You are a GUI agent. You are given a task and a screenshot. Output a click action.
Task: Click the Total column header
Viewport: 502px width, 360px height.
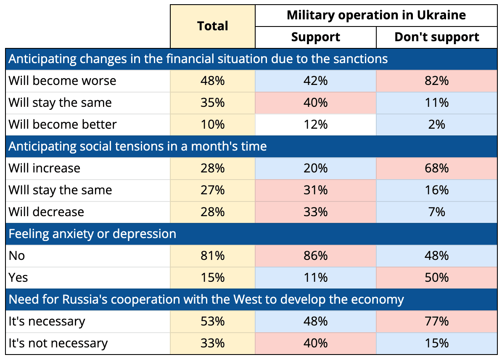pyautogui.click(x=213, y=26)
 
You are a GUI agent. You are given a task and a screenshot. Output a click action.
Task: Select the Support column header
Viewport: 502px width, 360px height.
pyautogui.click(x=316, y=37)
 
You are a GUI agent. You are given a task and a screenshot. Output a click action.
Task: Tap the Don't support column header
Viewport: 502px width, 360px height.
pyautogui.click(x=437, y=37)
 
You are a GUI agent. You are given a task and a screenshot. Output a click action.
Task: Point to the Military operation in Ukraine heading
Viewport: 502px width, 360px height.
pyautogui.click(x=376, y=15)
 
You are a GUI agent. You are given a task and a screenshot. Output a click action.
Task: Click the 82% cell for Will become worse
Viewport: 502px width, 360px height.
pyautogui.click(x=437, y=81)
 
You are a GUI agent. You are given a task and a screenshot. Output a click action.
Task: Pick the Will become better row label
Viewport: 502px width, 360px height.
pyautogui.click(x=62, y=124)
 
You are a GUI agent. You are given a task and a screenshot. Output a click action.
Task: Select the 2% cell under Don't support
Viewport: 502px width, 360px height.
pyautogui.click(x=437, y=124)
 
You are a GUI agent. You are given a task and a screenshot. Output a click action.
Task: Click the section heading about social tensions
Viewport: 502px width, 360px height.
pyautogui.click(x=137, y=146)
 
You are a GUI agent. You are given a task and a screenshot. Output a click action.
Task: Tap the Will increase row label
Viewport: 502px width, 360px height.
pyautogui.click(x=45, y=168)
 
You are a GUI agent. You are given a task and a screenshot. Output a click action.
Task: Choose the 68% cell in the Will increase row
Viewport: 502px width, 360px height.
pyautogui.click(x=437, y=168)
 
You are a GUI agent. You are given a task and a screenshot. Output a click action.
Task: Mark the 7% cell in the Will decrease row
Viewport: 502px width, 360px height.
pyautogui.click(x=437, y=212)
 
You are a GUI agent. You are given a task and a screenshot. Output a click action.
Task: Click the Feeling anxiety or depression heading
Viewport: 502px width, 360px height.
pyautogui.click(x=92, y=234)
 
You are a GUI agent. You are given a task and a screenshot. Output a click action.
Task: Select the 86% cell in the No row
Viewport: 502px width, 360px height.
pyautogui.click(x=316, y=256)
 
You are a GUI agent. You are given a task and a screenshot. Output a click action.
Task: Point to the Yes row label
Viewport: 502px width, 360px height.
pyautogui.click(x=18, y=278)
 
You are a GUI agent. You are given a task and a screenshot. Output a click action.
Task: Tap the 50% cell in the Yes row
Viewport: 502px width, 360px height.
pyautogui.click(x=437, y=278)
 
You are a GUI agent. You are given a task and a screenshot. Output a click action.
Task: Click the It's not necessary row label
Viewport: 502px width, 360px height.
pyautogui.click(x=58, y=343)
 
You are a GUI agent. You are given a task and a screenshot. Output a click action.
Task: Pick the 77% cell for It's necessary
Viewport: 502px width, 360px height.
pyautogui.click(x=437, y=321)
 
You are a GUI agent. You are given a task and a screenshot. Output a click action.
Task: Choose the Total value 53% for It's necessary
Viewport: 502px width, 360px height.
pyautogui.click(x=213, y=321)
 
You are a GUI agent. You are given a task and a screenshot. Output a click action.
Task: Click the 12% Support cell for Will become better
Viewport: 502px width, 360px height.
pyautogui.click(x=316, y=124)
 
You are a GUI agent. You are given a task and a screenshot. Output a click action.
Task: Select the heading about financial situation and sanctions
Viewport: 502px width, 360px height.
pyautogui.click(x=198, y=59)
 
